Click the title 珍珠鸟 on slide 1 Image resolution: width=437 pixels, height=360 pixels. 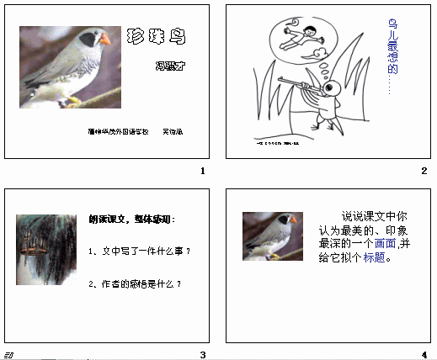point(155,36)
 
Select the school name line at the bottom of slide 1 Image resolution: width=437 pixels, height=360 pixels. point(135,132)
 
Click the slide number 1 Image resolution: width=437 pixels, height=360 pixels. point(203,172)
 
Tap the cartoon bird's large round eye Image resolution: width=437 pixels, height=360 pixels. point(333,87)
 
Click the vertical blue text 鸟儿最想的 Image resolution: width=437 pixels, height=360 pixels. point(392,54)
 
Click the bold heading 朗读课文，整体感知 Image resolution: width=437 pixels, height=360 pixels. point(132,220)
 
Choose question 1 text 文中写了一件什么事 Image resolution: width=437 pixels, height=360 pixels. point(139,251)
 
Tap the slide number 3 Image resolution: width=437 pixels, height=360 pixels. point(203,353)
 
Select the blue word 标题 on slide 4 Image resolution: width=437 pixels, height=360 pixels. point(375,258)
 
